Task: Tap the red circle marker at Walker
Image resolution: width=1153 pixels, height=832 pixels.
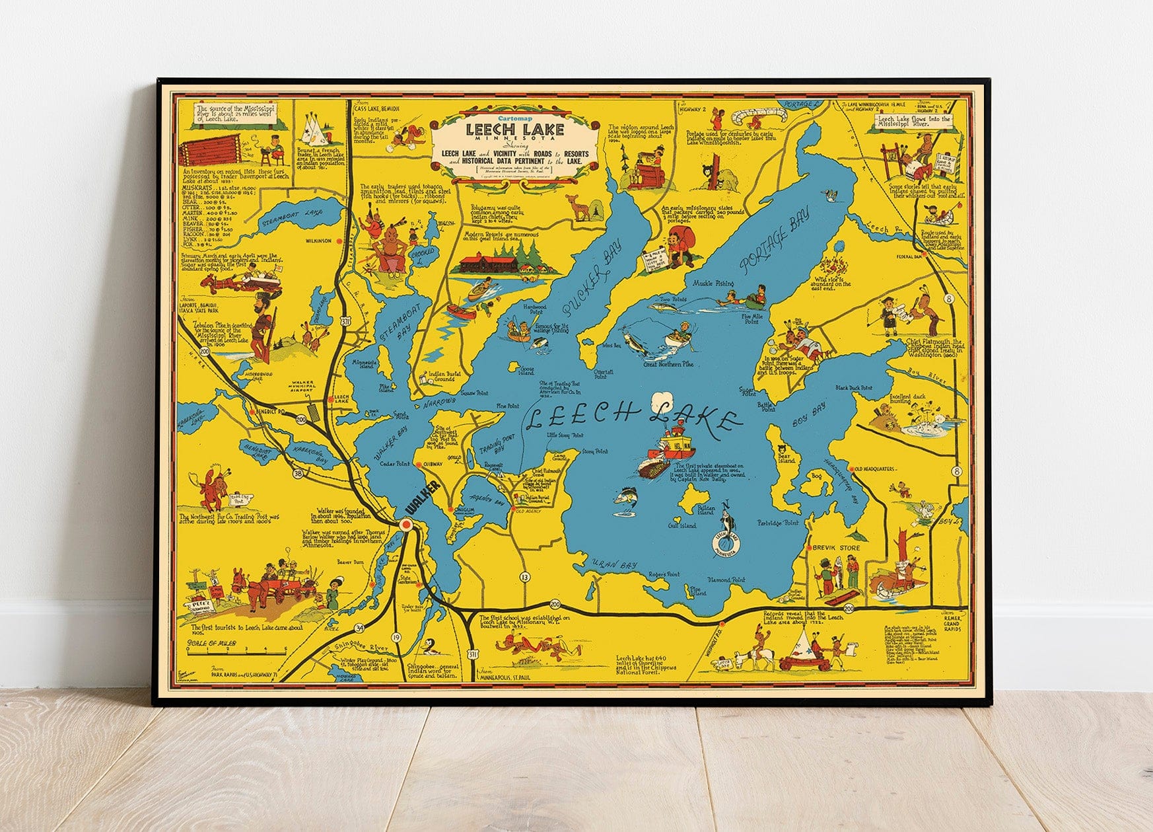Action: pyautogui.click(x=406, y=525)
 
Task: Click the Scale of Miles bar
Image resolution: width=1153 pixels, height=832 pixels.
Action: pyautogui.click(x=236, y=651)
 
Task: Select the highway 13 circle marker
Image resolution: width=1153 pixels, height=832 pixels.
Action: pyautogui.click(x=525, y=577)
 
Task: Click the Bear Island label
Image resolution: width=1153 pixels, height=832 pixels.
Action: pyautogui.click(x=784, y=458)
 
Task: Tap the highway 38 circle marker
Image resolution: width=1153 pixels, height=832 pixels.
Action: pyautogui.click(x=298, y=473)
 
